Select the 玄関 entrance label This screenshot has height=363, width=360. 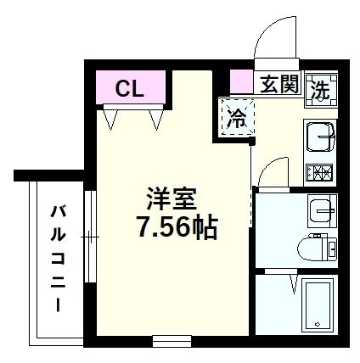pos(278,86)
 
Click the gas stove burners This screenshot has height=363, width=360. pos(321,173)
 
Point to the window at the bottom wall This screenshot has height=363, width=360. pos(175,342)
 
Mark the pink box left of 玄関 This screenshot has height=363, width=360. pos(241,84)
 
